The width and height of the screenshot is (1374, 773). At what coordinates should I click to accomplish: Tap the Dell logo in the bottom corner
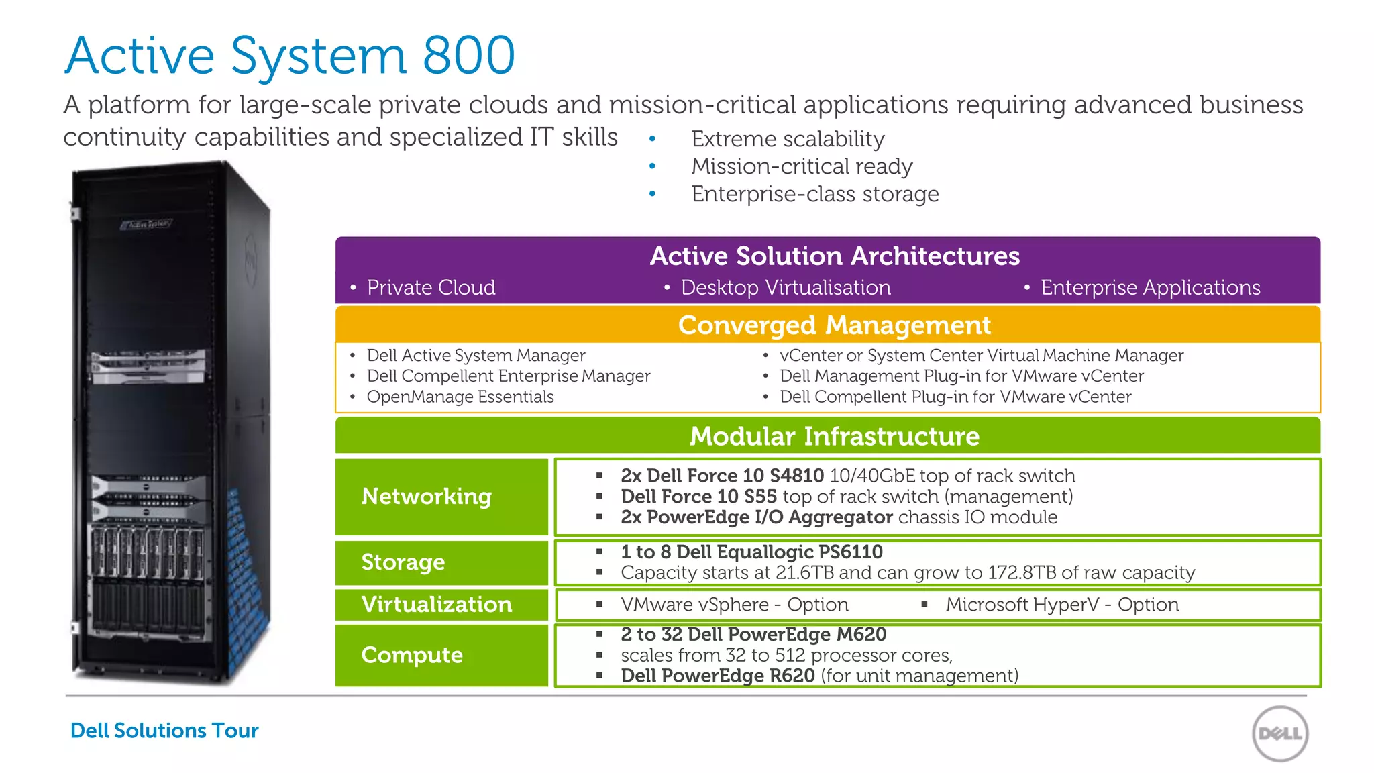click(1280, 733)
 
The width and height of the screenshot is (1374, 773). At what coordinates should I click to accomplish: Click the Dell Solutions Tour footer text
click(164, 730)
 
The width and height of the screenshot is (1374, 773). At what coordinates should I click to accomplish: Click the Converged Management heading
click(834, 325)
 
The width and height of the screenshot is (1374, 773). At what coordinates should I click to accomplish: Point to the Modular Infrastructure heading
click(834, 436)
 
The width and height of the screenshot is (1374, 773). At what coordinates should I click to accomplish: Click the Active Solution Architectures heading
click(834, 256)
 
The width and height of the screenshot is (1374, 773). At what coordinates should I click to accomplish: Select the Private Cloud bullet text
click(431, 287)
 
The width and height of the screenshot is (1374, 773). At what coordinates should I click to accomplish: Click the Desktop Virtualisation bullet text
click(785, 287)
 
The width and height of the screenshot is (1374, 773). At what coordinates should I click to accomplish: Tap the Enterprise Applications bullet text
click(1150, 287)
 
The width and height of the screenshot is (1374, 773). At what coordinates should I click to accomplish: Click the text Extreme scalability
click(788, 139)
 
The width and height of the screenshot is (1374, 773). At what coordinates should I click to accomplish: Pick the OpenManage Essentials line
click(460, 397)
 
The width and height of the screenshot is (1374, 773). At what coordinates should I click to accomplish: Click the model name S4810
click(796, 476)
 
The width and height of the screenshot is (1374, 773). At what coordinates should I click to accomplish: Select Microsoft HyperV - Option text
click(1061, 605)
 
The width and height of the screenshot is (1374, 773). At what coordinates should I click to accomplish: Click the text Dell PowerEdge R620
click(718, 676)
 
